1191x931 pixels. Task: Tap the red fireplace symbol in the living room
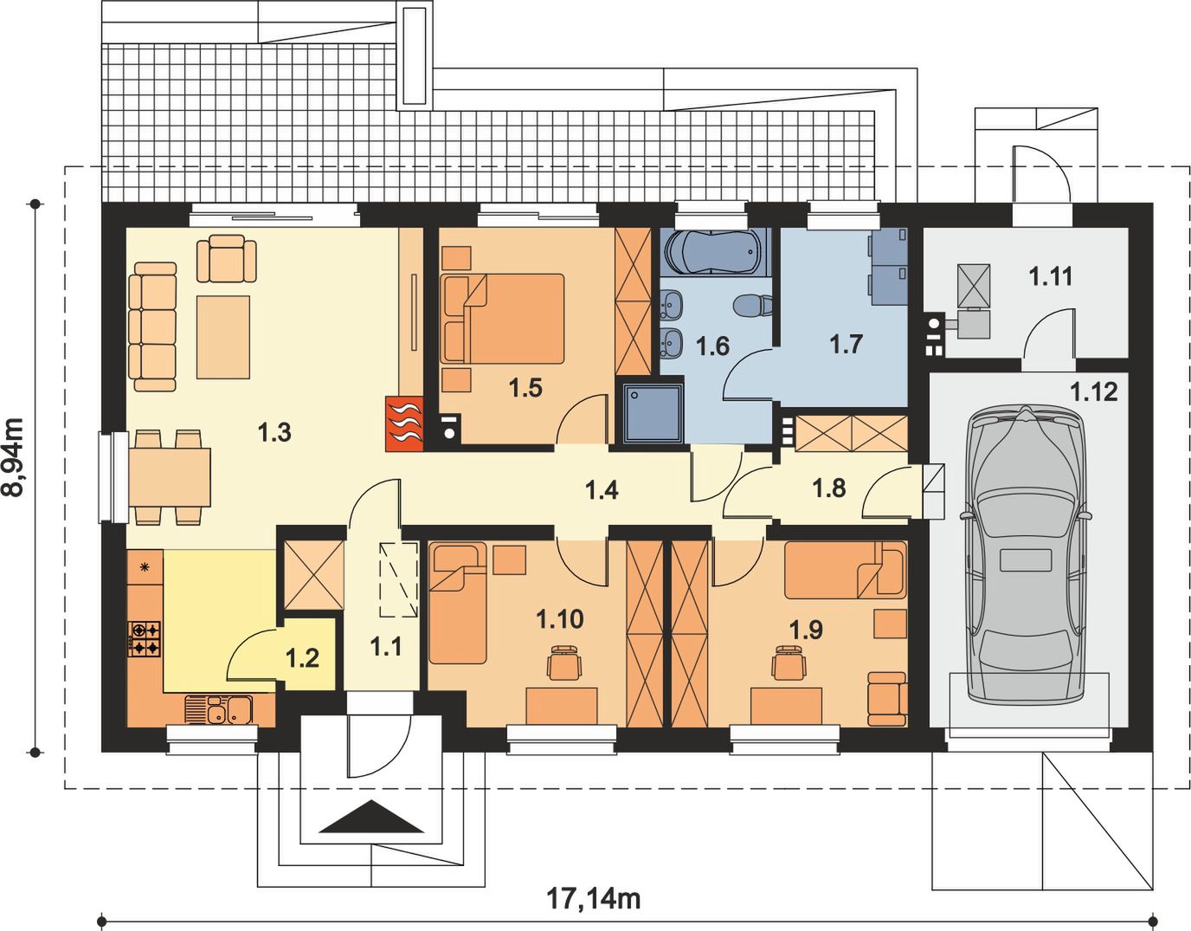(x=404, y=423)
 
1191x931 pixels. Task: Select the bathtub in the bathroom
(x=712, y=251)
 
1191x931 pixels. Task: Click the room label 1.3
(x=274, y=433)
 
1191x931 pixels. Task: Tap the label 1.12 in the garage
(x=1093, y=392)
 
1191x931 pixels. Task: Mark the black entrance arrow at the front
(x=371, y=817)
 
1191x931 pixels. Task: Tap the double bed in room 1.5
(x=503, y=318)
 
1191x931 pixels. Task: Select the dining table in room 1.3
(x=170, y=477)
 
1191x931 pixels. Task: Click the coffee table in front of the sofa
(x=223, y=337)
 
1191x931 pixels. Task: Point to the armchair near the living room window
(x=227, y=258)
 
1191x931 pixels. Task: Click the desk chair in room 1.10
(x=564, y=663)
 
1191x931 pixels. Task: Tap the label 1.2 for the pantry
(x=303, y=657)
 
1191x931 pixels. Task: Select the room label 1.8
(x=829, y=488)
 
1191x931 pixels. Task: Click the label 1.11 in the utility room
(x=1050, y=276)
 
